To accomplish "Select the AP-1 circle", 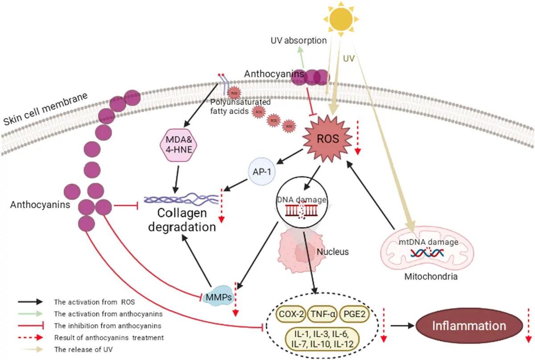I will [x=262, y=172].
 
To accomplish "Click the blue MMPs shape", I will [x=218, y=297].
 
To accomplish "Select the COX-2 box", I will [x=291, y=313].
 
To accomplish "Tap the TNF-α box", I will [x=322, y=313].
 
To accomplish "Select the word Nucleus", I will [x=332, y=252].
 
